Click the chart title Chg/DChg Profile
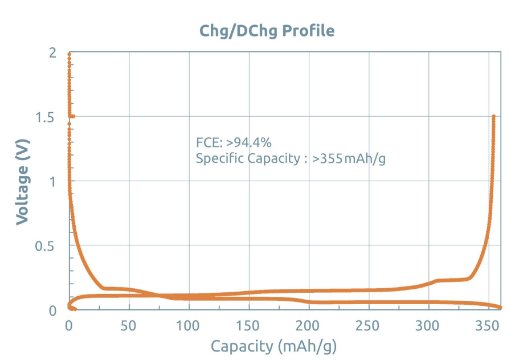pos(267,31)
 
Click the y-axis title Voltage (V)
pos(23,182)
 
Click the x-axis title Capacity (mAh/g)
pos(273,347)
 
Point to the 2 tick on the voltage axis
pos(52,52)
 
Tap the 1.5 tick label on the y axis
pos(44,117)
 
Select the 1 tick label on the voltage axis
pos(52,182)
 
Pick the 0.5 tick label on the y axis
pos(44,246)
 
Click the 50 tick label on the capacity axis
pos(128,326)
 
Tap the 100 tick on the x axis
pos(187,326)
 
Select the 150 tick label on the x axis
pos(248,326)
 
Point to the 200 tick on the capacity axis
pos(307,326)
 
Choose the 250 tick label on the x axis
pos(367,326)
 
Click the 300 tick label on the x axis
pos(427,326)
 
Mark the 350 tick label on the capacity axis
pos(487,326)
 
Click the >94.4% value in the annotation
pos(248,142)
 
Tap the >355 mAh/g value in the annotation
pos(349,159)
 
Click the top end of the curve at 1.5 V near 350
pos(493,116)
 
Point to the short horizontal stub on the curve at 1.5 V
pos(72,116)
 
